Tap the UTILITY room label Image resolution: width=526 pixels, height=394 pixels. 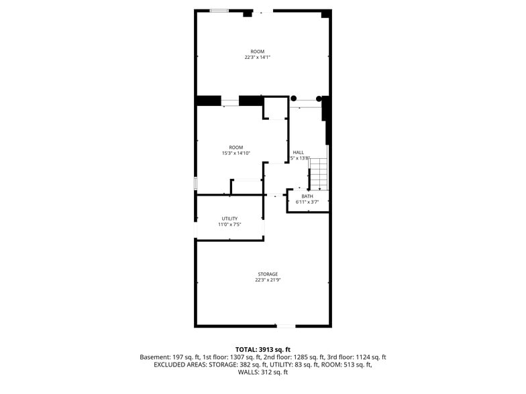point(229,218)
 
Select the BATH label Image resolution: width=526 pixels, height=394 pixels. point(307,196)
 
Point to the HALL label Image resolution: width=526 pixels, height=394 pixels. point(299,152)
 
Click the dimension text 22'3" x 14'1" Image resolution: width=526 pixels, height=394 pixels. point(257,58)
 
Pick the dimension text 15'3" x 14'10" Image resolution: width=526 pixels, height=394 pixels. point(236,153)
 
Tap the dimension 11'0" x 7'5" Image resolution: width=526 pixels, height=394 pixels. point(229,224)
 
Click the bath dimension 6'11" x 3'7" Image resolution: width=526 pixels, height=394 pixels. point(307,201)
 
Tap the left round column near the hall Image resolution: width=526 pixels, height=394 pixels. point(293,98)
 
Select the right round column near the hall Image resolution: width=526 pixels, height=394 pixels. point(319,98)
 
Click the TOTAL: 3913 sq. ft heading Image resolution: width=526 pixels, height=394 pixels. point(262,349)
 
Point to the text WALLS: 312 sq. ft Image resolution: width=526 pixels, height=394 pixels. point(262,372)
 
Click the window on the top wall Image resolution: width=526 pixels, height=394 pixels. point(219,11)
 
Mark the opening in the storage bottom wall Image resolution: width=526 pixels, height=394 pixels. point(285,326)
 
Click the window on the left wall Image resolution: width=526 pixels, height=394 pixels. point(195,183)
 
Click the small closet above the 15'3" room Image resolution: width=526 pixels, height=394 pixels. point(275,108)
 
